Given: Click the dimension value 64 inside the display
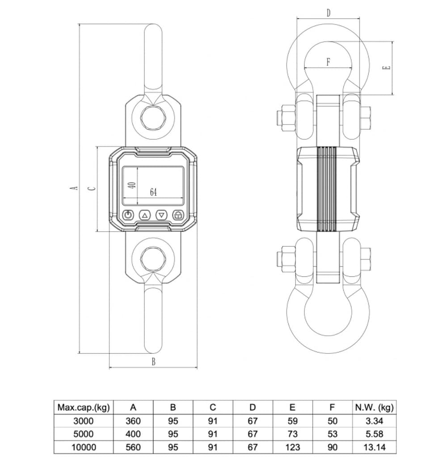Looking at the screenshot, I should (x=153, y=192).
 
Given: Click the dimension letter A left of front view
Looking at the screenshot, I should (x=76, y=188).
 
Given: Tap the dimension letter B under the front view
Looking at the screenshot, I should (x=153, y=362).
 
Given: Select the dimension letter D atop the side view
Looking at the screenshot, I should (x=328, y=13).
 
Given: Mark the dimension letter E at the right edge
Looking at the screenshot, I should (x=387, y=68).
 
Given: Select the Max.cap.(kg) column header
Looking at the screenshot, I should (x=84, y=407).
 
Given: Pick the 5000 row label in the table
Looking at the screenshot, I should (x=84, y=434).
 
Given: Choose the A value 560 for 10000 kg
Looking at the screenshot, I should (x=133, y=447).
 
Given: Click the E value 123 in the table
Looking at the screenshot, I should (x=293, y=447).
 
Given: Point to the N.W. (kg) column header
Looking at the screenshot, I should (x=374, y=407).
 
